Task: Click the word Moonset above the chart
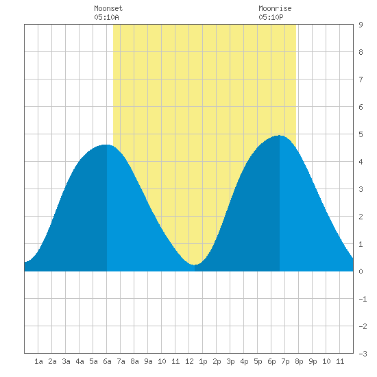coord(108,8)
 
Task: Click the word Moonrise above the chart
coord(275,8)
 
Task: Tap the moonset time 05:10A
coord(106,17)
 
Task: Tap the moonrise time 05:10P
coord(271,17)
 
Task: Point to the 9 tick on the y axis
coord(361,25)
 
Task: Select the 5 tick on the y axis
coord(361,134)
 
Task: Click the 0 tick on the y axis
coord(361,271)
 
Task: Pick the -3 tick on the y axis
coord(363,354)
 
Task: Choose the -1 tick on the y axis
coord(363,299)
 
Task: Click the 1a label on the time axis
coord(38,361)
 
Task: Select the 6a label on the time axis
coord(107,361)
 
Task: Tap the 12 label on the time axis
coord(189,361)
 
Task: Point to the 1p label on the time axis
coord(203,361)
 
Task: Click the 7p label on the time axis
coord(285,361)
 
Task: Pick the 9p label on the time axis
coord(313,361)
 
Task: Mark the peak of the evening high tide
coord(280,135)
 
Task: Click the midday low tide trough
coord(195,265)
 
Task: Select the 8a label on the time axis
coord(134,361)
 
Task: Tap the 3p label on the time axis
coord(230,361)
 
